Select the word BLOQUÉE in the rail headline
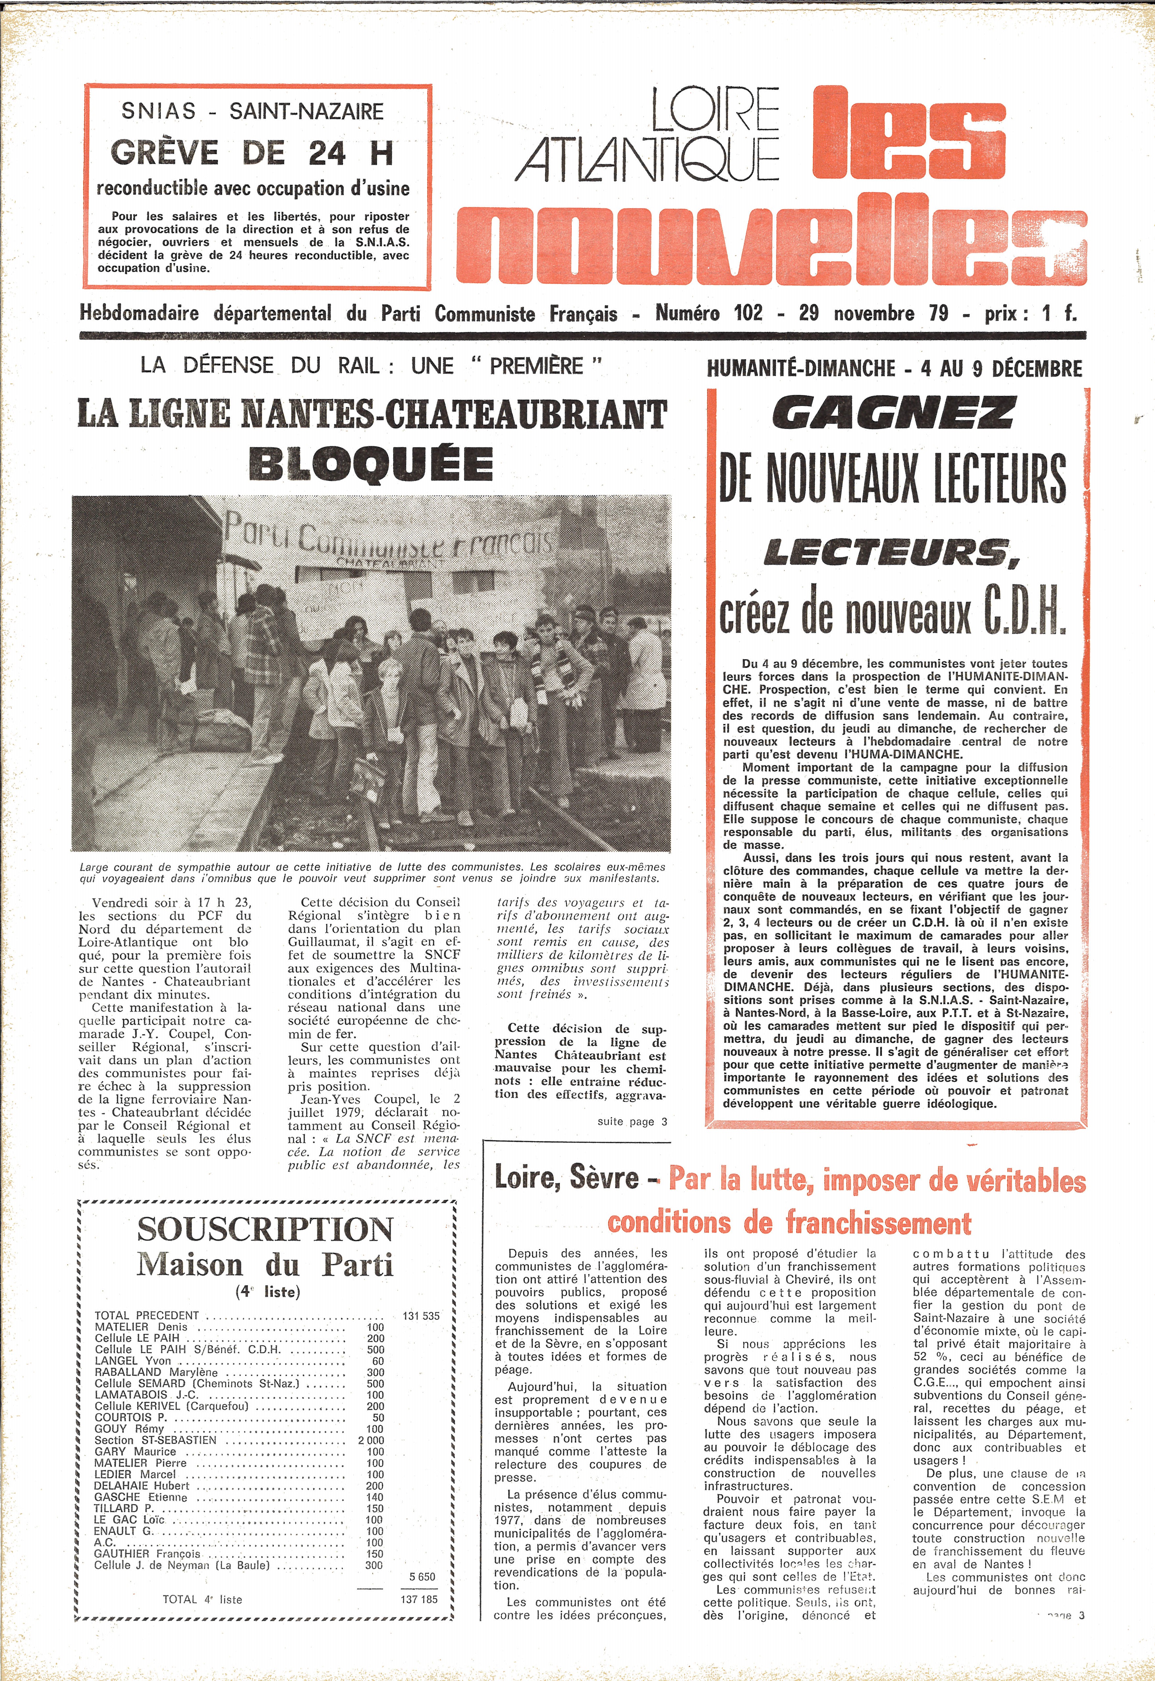pyautogui.click(x=371, y=464)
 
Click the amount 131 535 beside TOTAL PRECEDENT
pyautogui.click(x=421, y=1315)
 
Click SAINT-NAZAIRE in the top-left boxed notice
pyautogui.click(x=306, y=111)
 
